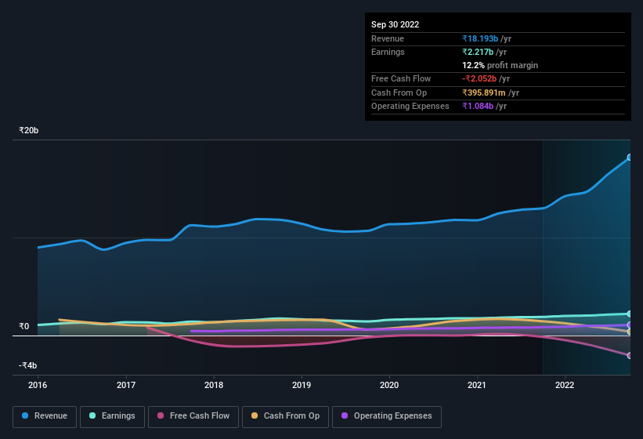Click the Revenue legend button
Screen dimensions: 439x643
coord(45,415)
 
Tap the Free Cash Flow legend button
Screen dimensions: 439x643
coord(193,415)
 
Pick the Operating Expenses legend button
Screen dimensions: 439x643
coord(386,415)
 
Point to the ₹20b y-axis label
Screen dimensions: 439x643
coord(29,130)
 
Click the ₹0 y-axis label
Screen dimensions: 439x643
coord(24,326)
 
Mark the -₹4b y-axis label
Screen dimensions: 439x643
coord(27,365)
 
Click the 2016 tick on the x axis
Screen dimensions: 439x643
coord(38,385)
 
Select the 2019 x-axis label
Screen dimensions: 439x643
coord(302,385)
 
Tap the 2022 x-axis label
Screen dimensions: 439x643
coord(565,385)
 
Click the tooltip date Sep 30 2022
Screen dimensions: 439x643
coord(395,24)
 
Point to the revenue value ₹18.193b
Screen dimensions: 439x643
coord(486,38)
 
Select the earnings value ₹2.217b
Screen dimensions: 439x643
coord(485,52)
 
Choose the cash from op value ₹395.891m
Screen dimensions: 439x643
coord(490,93)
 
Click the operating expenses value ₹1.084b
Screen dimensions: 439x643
coord(485,106)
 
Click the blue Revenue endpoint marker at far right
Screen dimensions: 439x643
coord(629,158)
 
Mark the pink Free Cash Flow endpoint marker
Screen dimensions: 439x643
coord(629,356)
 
